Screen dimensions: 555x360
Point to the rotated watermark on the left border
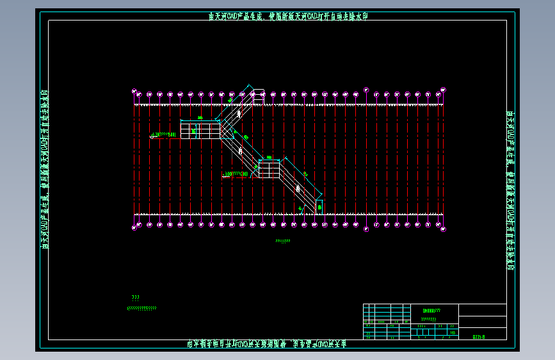[x=45, y=170]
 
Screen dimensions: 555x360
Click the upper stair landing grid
[x=200, y=131]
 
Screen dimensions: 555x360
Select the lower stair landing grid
[x=269, y=170]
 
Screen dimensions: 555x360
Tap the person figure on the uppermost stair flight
[x=239, y=113]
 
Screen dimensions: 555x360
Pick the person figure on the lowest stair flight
[x=298, y=188]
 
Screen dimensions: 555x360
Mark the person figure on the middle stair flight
[x=239, y=151]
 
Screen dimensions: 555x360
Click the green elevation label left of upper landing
[x=165, y=135]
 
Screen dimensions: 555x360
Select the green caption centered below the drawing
[x=282, y=241]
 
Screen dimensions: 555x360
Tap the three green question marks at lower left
[x=135, y=298]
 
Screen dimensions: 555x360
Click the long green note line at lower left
[x=141, y=308]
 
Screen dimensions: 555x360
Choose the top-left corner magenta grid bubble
[x=134, y=91]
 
